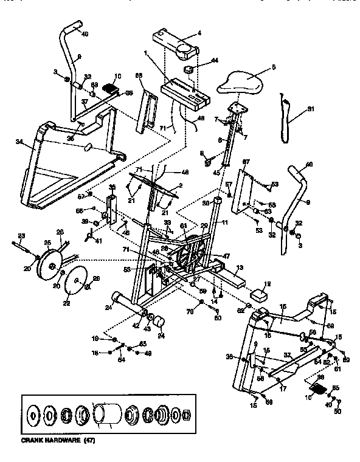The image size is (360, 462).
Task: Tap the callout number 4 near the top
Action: (199, 33)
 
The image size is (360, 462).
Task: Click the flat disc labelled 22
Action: (75, 281)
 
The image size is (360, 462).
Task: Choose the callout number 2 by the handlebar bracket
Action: (180, 185)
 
